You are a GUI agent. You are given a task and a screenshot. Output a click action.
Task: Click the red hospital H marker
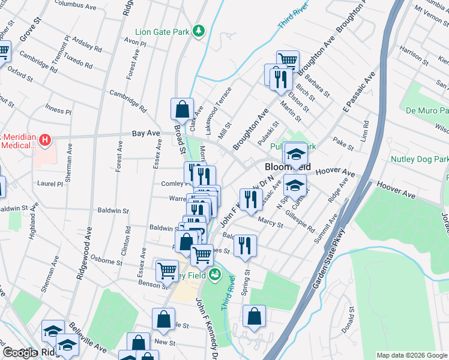click(44, 141)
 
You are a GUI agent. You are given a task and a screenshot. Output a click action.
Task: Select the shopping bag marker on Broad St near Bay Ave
click(182, 110)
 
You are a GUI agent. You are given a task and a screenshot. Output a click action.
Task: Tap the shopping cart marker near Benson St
click(166, 270)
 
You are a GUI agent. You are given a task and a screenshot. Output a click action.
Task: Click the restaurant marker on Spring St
click(244, 245)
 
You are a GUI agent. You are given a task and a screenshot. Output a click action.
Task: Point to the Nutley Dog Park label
click(420, 160)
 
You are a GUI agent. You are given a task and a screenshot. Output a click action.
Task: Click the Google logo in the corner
click(19, 353)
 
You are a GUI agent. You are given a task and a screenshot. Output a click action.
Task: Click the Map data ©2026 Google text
click(412, 355)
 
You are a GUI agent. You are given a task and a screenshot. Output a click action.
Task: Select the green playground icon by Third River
click(215, 275)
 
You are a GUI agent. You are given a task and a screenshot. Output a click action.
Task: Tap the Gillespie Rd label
click(300, 221)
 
